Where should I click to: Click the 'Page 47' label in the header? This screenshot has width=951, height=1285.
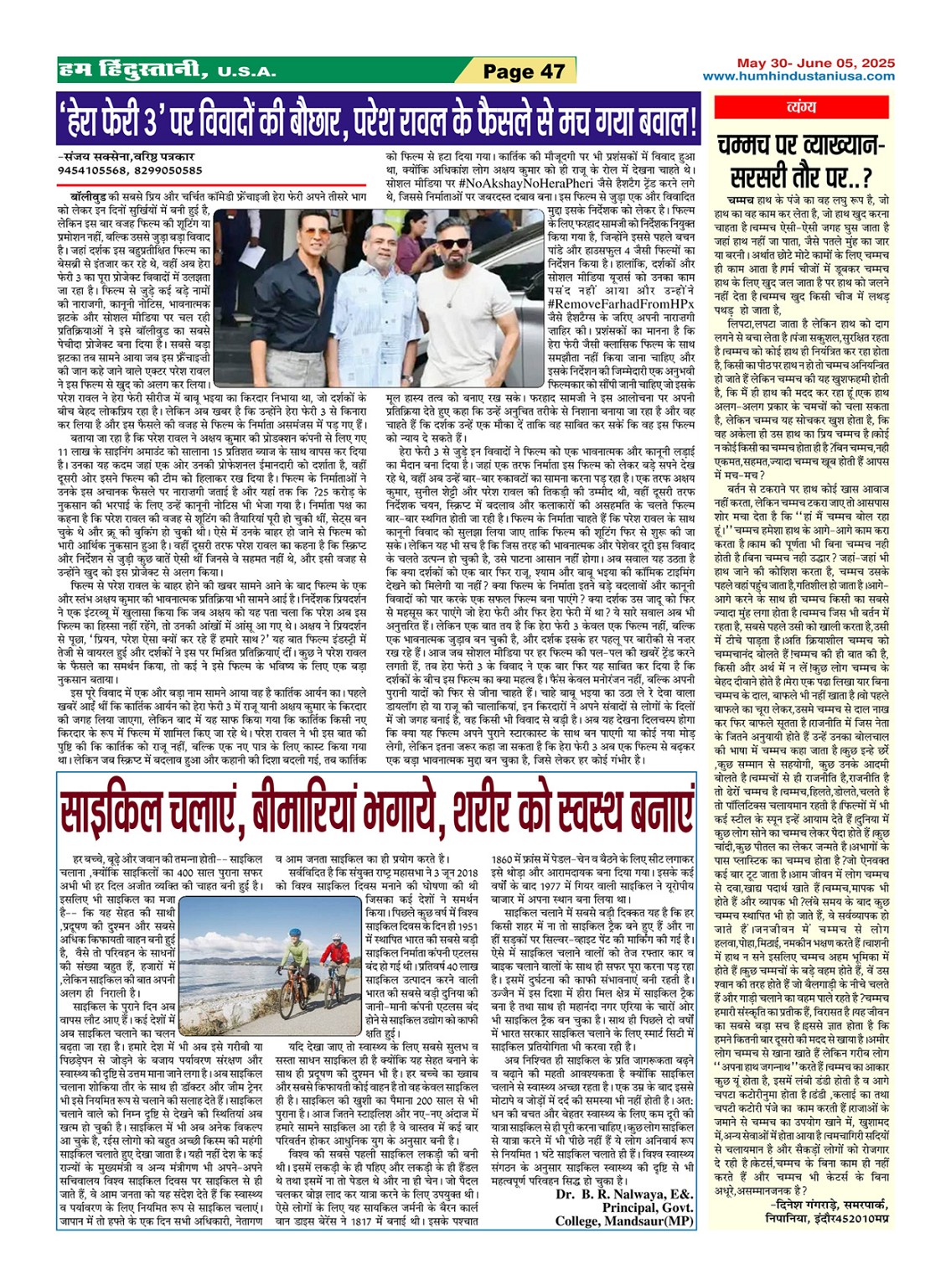coord(525,72)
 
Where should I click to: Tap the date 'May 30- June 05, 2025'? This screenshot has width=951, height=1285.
coord(815,63)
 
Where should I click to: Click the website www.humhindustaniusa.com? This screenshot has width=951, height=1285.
coord(799,75)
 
